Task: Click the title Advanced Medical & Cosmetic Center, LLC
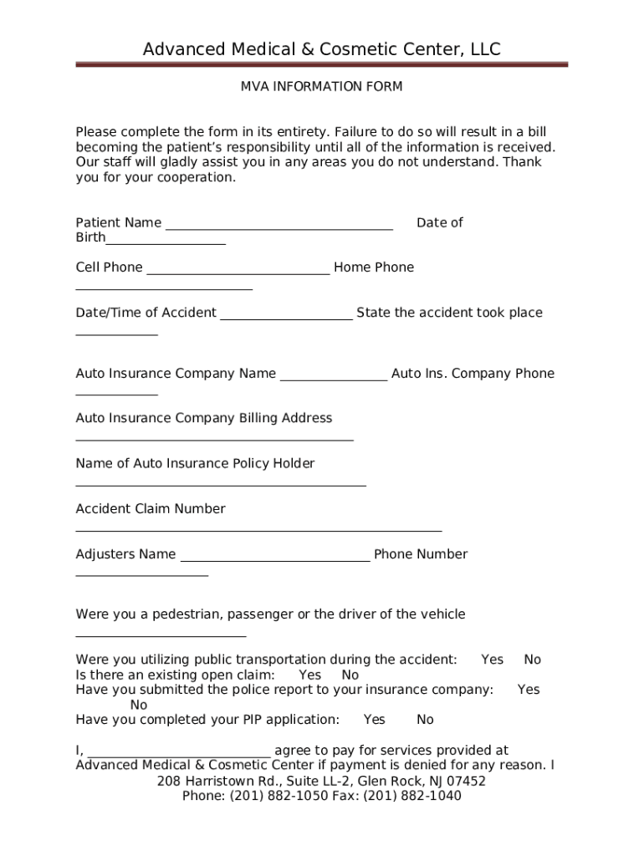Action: tap(322, 49)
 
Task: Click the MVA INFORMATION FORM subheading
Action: tap(322, 87)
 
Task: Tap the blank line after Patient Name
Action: tap(279, 227)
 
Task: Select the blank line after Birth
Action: tap(166, 242)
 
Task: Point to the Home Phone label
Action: tap(374, 267)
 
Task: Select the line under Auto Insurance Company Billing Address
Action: tap(214, 439)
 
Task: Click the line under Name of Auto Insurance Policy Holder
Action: tap(221, 484)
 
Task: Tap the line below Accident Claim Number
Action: tap(258, 530)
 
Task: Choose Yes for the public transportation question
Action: tap(493, 660)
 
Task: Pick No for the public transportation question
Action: tap(533, 660)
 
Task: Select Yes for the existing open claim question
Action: tap(309, 675)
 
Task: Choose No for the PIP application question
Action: tap(426, 720)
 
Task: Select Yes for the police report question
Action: tap(529, 690)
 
